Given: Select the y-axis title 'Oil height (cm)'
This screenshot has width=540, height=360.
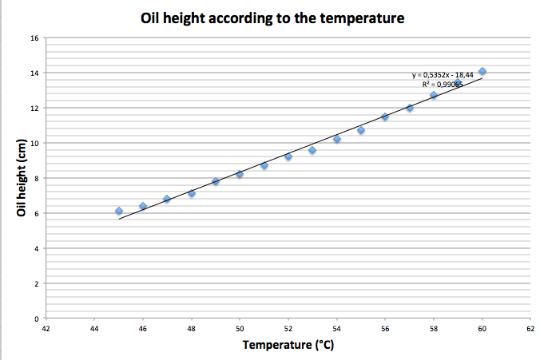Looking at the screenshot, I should click(22, 177).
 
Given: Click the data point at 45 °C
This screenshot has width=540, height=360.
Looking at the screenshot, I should click(118, 211).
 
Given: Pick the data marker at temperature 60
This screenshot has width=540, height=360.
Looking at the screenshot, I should click(482, 71).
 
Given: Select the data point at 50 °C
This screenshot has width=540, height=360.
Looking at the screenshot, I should click(240, 174).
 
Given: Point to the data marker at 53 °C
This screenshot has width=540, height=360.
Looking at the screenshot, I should click(312, 150).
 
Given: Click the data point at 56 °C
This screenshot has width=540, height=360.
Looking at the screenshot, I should click(385, 117).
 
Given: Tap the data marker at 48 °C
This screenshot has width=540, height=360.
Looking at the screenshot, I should click(192, 193).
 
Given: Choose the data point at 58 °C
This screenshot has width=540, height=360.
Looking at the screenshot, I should click(434, 95).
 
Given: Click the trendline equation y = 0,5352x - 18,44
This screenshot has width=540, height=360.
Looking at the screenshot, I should click(443, 75).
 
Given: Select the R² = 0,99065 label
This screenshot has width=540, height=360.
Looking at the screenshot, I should click(442, 83).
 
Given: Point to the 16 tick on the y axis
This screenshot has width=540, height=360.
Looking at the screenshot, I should click(34, 38).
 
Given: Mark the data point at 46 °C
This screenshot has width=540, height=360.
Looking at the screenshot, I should click(143, 206).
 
